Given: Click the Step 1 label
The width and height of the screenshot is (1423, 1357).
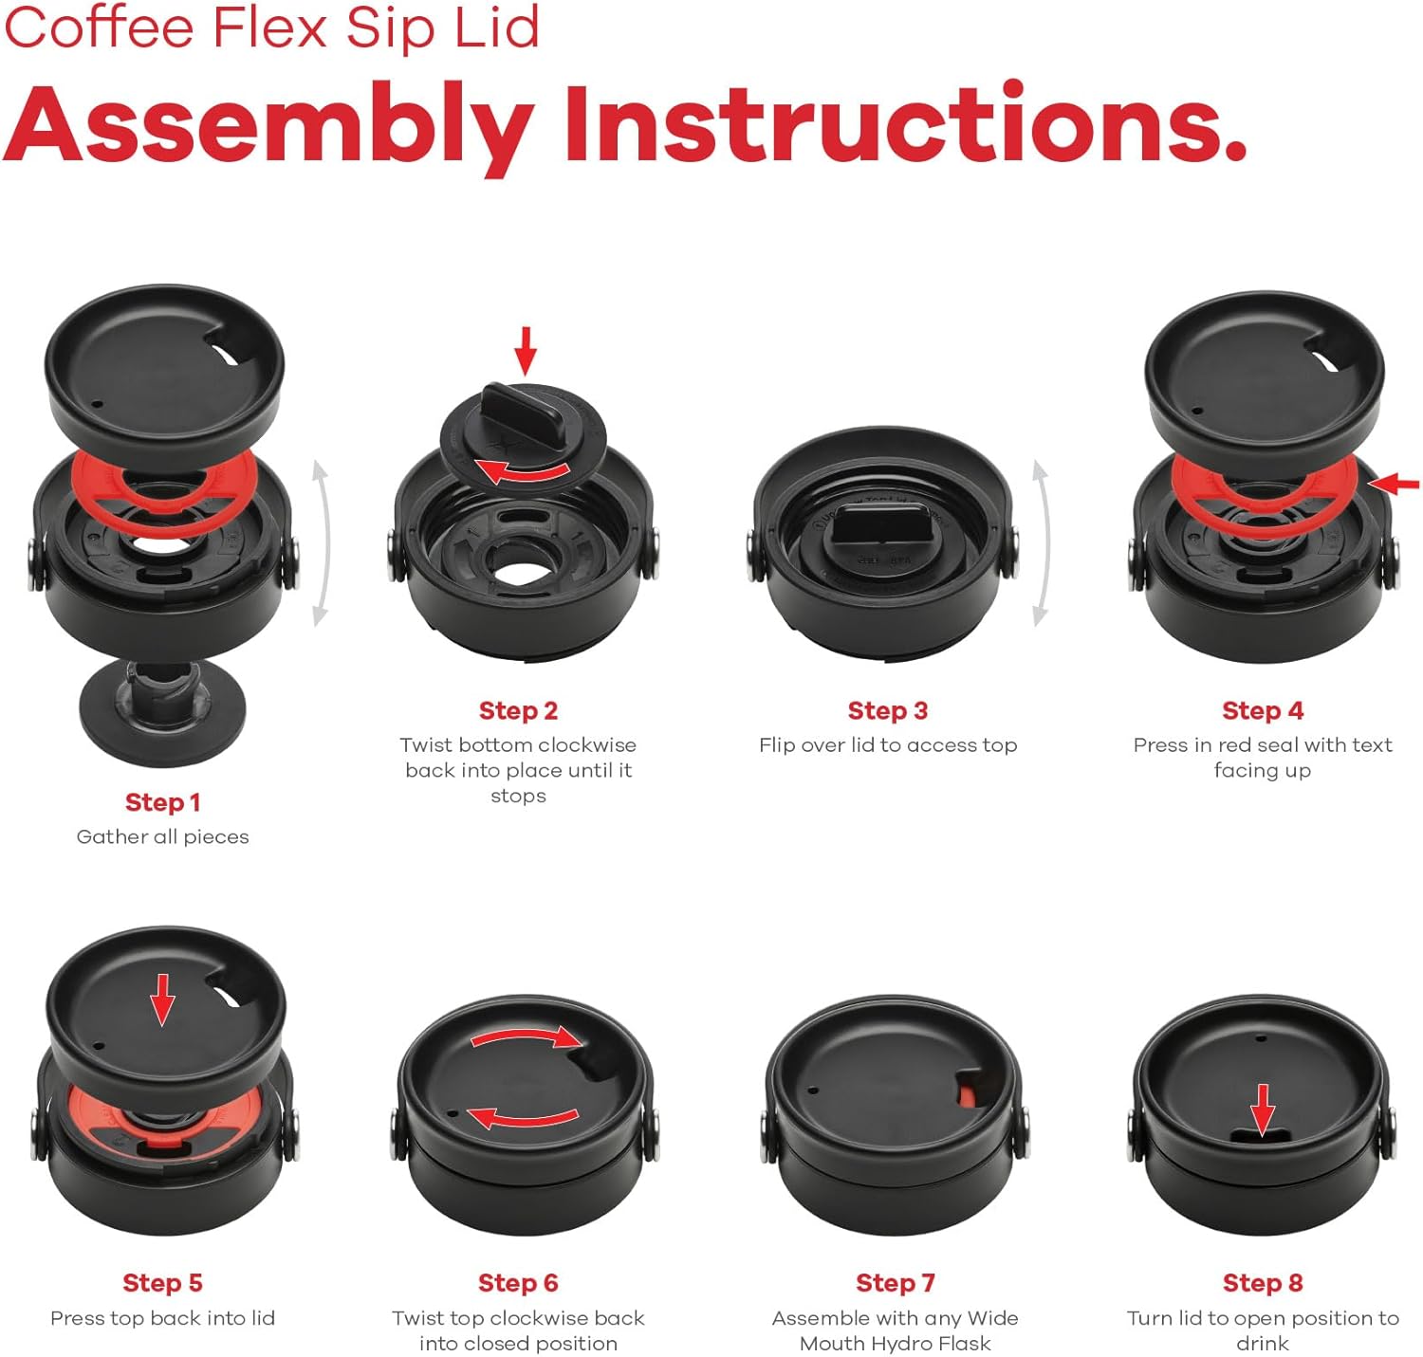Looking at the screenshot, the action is pos(162,802).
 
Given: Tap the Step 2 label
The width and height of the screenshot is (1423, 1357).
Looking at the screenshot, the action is pos(518,710).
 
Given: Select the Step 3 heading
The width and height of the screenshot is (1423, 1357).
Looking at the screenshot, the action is pos(887,710).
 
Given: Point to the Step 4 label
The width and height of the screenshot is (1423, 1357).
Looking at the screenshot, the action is pos(1263,710).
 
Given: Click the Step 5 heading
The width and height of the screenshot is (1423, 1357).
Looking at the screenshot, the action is pos(162,1282).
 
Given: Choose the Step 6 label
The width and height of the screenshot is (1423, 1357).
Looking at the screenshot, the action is pos(518,1282).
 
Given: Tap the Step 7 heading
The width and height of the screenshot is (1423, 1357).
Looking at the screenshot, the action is pos(896,1282).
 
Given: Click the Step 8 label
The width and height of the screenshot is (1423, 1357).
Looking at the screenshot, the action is pos(1263,1282).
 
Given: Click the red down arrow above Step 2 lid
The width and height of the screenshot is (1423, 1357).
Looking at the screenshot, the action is pos(526,351).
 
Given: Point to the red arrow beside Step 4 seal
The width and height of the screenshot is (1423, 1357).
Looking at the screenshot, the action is pos(1395,484).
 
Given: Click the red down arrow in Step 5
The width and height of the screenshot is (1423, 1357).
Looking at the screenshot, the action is pos(162,999).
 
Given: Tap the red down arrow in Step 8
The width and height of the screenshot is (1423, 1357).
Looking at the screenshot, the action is pos(1263,1109).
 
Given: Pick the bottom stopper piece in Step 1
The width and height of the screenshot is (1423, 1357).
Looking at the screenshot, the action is pos(162,713).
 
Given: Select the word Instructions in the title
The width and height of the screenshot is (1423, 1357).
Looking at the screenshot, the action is pos(905,124).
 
